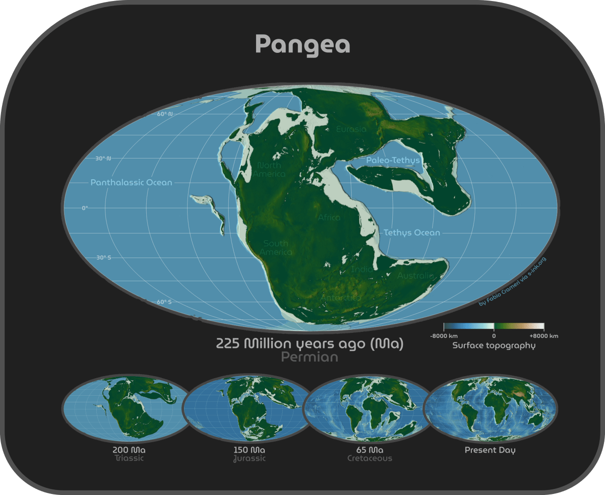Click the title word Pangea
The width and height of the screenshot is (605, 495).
[302, 44]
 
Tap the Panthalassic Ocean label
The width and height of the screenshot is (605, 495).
[131, 183]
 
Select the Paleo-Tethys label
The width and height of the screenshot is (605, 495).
[393, 161]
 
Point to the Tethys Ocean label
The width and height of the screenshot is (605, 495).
[412, 233]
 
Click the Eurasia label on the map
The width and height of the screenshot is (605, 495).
[351, 129]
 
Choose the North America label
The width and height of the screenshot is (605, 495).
[269, 170]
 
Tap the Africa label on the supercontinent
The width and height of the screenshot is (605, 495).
[329, 218]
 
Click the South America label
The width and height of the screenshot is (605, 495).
[275, 248]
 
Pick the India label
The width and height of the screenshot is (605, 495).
[362, 269]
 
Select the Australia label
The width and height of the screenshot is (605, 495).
[415, 276]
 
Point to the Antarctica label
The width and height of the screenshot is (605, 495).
[341, 298]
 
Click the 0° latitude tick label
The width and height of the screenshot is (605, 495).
[84, 207]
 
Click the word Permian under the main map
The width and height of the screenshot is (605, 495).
[309, 357]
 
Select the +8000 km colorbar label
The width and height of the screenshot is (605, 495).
[543, 336]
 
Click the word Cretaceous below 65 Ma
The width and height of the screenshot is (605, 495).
[370, 459]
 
